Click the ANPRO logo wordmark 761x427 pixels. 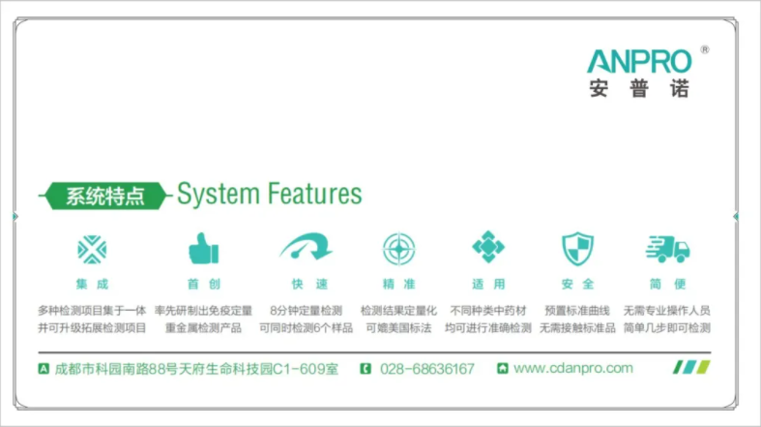639,61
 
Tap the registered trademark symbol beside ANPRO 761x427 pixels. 705,49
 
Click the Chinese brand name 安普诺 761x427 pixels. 639,89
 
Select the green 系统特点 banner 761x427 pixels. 105,196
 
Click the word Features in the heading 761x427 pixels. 314,194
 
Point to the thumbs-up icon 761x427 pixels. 203,248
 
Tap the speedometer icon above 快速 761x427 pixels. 306,247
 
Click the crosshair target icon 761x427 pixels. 399,249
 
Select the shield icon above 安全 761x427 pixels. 577,249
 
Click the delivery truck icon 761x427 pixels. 668,249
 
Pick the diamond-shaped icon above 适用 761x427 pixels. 488,247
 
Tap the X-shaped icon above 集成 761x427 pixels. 92,250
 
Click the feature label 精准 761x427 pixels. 399,284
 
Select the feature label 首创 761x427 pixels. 204,284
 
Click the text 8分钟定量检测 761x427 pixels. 306,311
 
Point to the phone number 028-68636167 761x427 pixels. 427,369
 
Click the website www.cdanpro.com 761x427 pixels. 573,368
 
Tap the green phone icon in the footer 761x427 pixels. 366,369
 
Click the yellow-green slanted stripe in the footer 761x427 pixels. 704,367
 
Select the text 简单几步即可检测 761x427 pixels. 667,328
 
